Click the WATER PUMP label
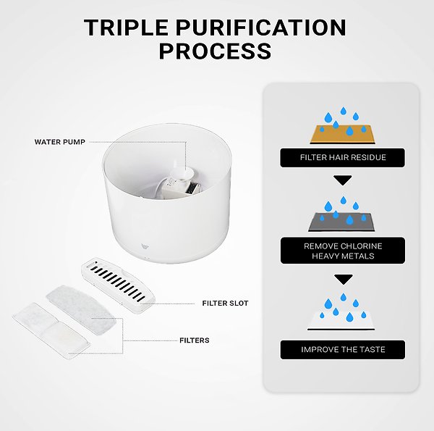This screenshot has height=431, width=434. pos(59,142)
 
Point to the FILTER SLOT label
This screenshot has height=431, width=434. pos(225,304)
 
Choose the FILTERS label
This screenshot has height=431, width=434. pos(194,340)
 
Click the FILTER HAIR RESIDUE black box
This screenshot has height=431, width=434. pos(342,157)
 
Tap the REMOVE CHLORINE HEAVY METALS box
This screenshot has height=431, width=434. pos(342,251)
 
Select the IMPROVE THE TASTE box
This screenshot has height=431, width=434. pos(342,350)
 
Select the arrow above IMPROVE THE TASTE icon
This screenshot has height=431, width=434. pos(342,279)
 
